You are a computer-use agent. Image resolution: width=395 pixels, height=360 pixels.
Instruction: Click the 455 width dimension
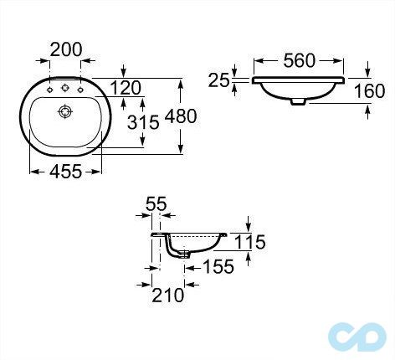(65, 172)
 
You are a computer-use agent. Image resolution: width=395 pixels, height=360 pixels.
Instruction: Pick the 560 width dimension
(299, 61)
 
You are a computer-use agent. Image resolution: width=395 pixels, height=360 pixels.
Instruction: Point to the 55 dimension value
(156, 203)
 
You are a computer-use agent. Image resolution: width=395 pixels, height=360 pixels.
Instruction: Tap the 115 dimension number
(249, 243)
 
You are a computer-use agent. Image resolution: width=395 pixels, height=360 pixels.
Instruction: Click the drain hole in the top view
(64, 110)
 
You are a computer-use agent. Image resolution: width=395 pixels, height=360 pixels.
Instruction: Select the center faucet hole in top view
(64, 89)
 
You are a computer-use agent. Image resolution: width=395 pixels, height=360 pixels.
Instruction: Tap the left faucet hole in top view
(49, 89)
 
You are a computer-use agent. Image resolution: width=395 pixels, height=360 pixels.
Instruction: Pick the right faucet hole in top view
(79, 89)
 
